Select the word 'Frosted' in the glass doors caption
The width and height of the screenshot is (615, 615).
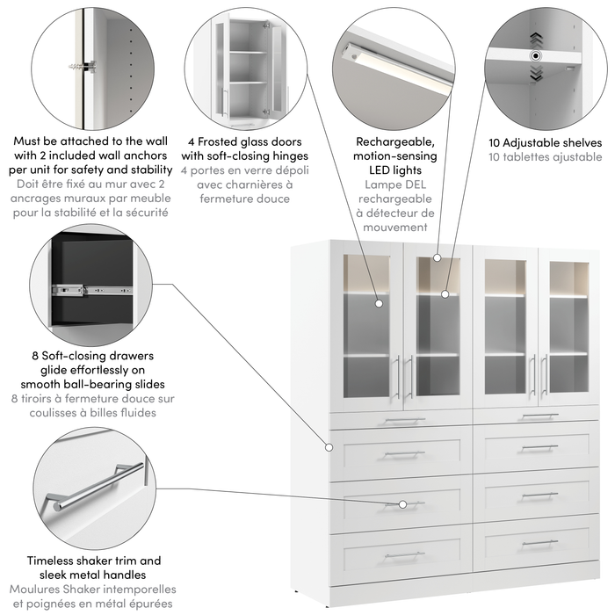(x=228, y=141)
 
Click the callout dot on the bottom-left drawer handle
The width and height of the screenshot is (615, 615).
(x=402, y=504)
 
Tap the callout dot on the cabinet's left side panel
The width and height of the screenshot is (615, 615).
(x=328, y=446)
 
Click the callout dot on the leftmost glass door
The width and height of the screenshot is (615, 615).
(x=380, y=303)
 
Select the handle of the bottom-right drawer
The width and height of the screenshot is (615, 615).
(x=539, y=543)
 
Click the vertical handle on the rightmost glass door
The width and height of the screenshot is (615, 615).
(x=546, y=375)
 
